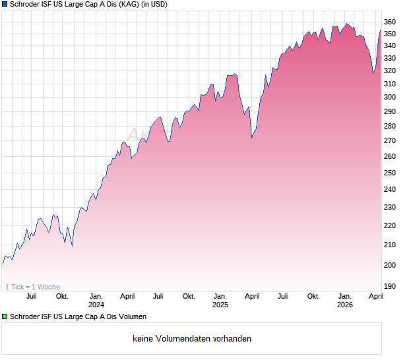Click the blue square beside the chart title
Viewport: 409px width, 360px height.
click(5, 5)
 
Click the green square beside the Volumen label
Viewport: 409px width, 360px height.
click(5, 316)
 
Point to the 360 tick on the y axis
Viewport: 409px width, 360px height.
click(391, 22)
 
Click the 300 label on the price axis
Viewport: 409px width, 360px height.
click(391, 97)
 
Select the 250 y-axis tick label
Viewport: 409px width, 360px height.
click(391, 173)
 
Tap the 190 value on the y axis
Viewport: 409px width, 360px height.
click(391, 286)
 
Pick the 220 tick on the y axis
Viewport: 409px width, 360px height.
click(391, 225)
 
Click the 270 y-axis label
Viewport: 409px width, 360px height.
click(391, 141)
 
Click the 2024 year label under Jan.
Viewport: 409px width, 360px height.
click(96, 305)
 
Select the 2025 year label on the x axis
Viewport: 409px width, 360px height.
click(220, 305)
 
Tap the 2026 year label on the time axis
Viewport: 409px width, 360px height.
click(344, 305)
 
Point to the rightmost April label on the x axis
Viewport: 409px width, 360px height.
click(375, 296)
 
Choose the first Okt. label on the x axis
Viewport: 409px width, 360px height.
click(62, 296)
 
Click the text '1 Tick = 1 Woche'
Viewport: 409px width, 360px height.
click(32, 287)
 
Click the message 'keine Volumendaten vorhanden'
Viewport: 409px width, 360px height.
click(192, 339)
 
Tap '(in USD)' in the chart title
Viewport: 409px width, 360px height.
click(154, 5)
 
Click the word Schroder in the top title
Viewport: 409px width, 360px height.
click(26, 5)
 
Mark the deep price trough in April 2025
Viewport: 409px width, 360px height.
click(252, 137)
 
